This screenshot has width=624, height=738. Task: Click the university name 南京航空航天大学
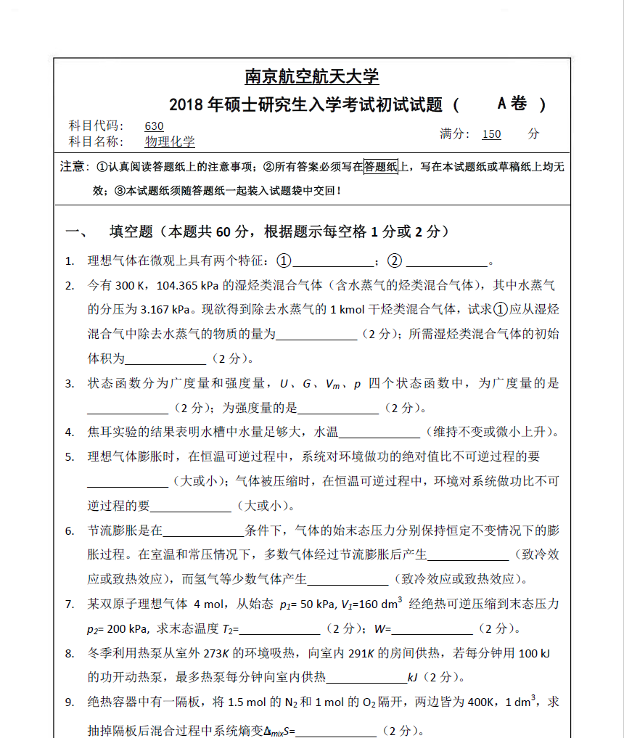[312, 76]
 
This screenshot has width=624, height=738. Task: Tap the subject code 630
[155, 126]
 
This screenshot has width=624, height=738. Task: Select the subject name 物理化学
[170, 142]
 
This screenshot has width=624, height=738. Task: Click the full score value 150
[491, 134]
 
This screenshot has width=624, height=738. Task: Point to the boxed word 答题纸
[381, 167]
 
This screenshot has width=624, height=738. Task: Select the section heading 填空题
[131, 232]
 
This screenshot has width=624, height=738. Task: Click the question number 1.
[70, 261]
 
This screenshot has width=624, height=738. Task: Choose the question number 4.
[70, 432]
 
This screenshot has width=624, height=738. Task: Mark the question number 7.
[70, 604]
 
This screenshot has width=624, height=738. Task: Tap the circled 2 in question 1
[395, 261]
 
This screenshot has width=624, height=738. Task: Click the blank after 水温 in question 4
[379, 433]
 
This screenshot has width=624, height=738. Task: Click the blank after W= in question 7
[432, 629]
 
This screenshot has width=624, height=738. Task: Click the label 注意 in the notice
[73, 168]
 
